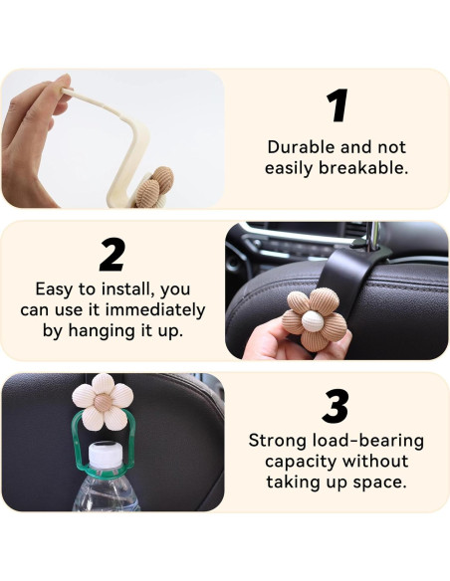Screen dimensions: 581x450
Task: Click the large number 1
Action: pos(337,107)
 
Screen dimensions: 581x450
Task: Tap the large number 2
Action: pos(112,256)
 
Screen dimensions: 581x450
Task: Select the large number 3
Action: pos(337,406)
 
